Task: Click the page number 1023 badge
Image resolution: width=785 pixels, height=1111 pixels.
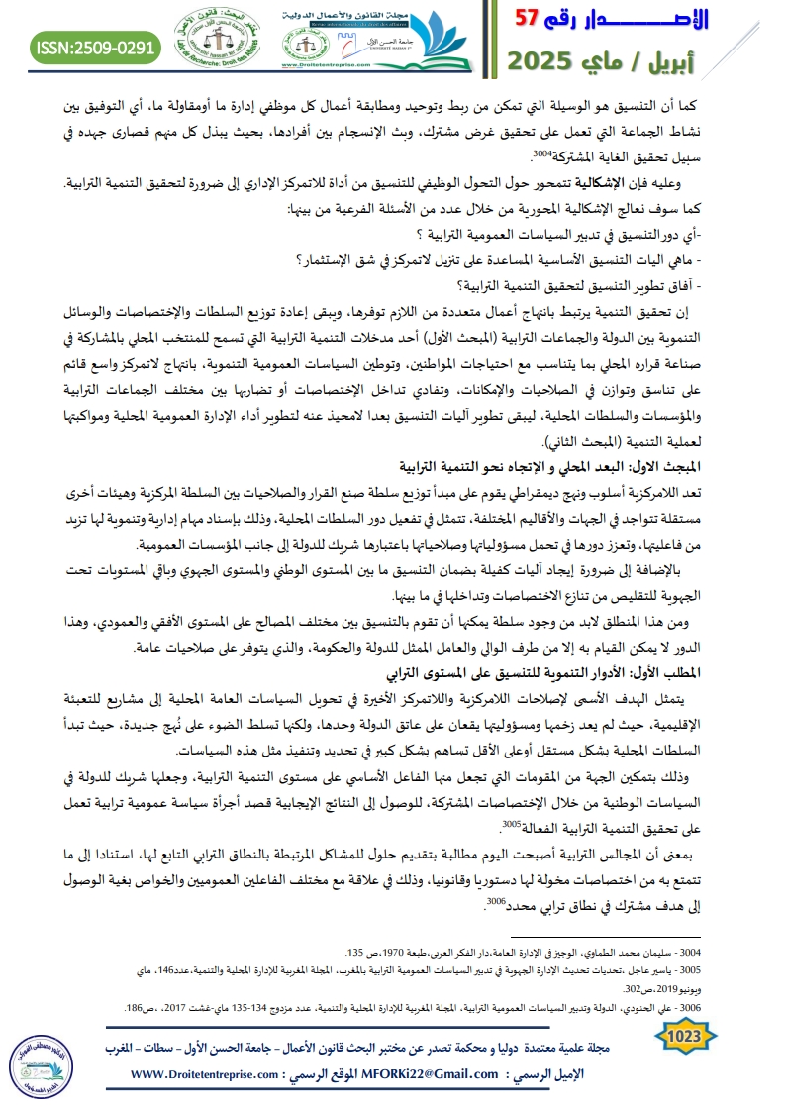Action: [682, 1036]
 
